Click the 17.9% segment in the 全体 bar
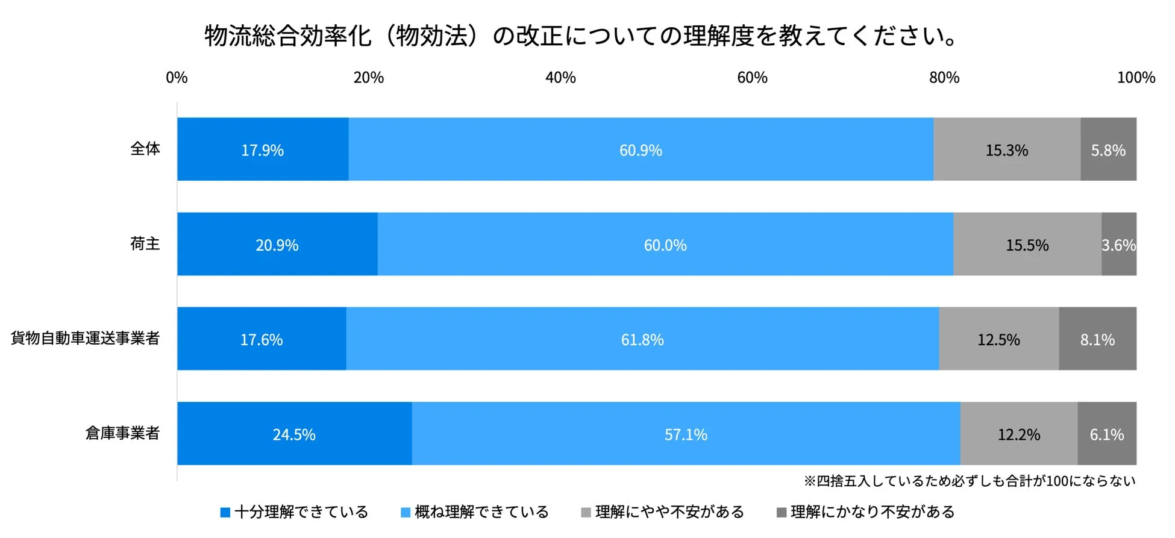coord(263,149)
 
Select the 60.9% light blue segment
coord(641,149)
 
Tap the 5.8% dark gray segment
coord(1108,149)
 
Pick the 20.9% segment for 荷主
coord(277,245)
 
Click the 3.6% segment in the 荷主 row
coord(1119,245)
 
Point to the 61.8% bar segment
coord(642,339)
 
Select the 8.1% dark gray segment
coord(1097,339)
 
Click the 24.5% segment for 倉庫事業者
coord(294,434)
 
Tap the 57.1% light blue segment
coord(686,434)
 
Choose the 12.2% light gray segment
coord(1018,434)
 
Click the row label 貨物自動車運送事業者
coord(85,338)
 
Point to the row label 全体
coord(145,148)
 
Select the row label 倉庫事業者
coord(122,433)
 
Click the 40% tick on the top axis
coord(560,78)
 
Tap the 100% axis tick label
coord(1135,78)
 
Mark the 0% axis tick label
coord(177,78)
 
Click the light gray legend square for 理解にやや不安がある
coord(586,513)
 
